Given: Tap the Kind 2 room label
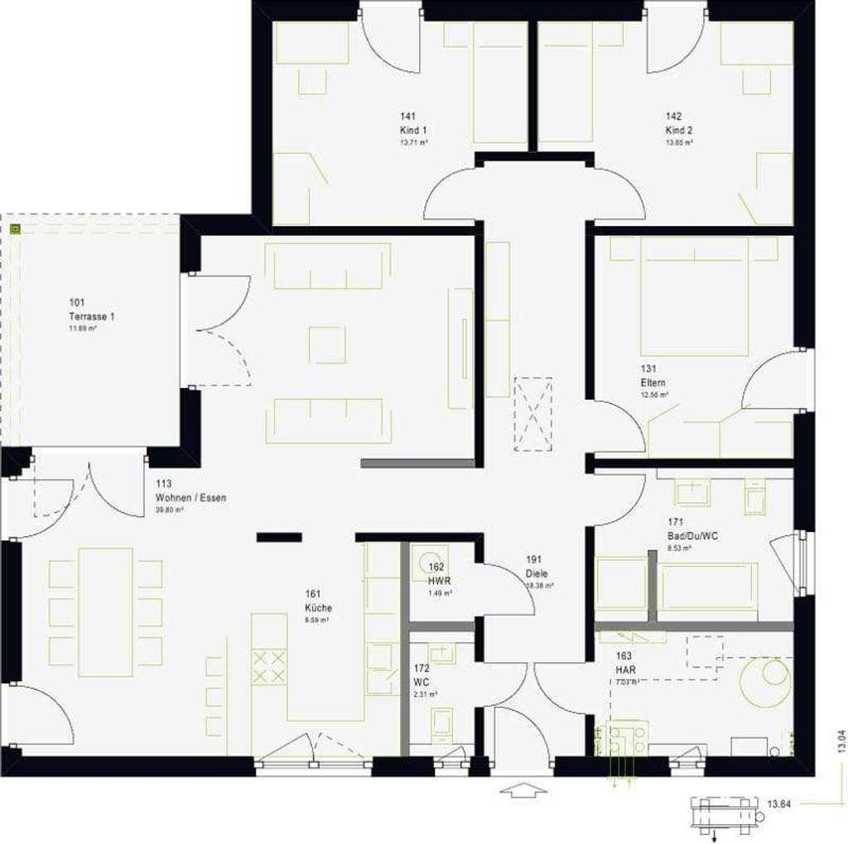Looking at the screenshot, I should (679, 130).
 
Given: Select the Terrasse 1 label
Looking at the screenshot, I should (92, 316).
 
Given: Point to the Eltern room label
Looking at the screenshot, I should (653, 383).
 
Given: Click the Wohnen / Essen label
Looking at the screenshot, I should (190, 498).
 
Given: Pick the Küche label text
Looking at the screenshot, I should (318, 607).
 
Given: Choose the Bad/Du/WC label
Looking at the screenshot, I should (693, 535).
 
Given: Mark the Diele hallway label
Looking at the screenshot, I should (536, 573).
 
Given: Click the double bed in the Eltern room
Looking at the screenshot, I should (694, 296).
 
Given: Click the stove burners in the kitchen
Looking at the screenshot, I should (268, 667).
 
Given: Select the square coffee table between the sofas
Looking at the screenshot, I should (327, 344).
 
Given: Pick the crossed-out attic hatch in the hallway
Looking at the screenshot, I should (532, 414).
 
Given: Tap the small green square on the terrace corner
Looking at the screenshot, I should (13, 227).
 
